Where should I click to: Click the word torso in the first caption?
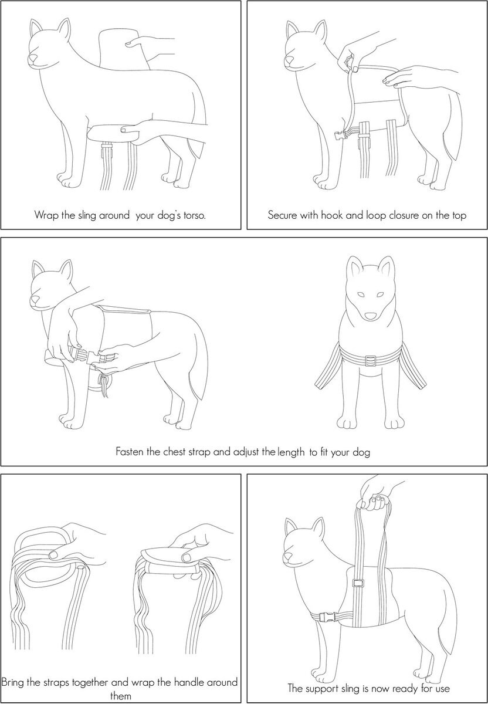click(194, 215)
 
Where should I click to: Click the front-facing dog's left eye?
click(361, 295)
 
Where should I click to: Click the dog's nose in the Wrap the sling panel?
click(33, 58)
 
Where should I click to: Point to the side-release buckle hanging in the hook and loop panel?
click(341, 136)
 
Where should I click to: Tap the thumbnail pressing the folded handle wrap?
click(187, 557)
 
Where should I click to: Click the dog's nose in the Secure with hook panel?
click(289, 59)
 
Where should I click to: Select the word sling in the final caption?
click(350, 688)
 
